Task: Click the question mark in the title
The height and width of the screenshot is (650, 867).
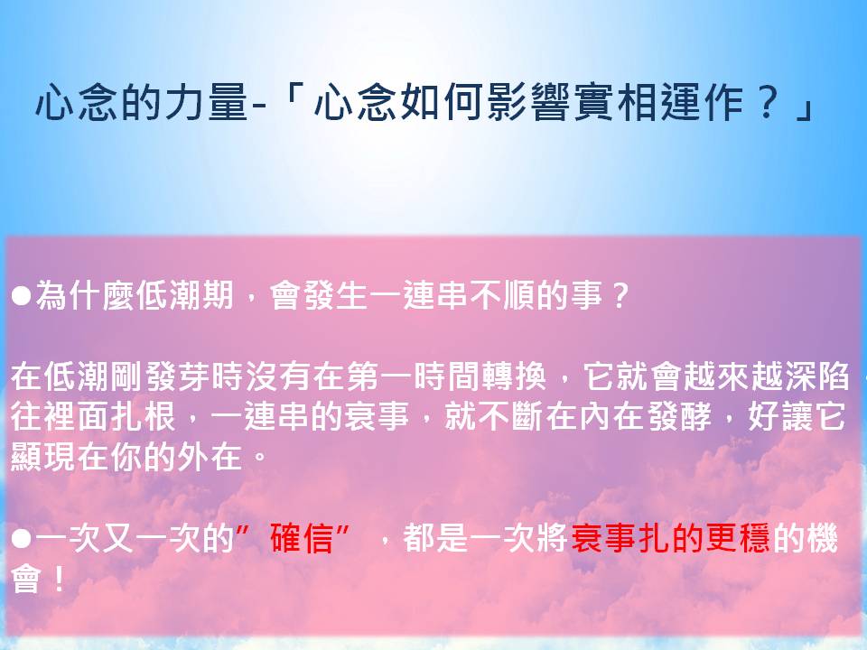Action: coord(767,102)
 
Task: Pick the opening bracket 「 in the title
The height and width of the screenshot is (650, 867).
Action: coord(291,97)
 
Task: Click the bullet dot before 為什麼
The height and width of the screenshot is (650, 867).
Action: coord(21,296)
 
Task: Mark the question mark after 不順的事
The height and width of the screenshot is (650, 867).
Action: coord(620,296)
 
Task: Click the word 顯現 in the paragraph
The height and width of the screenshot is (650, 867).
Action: coord(43,457)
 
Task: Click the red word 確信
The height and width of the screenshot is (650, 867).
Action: coord(302,538)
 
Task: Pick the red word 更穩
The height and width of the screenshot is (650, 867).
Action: coord(738,538)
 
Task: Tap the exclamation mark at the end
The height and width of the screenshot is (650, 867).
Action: coord(59,580)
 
